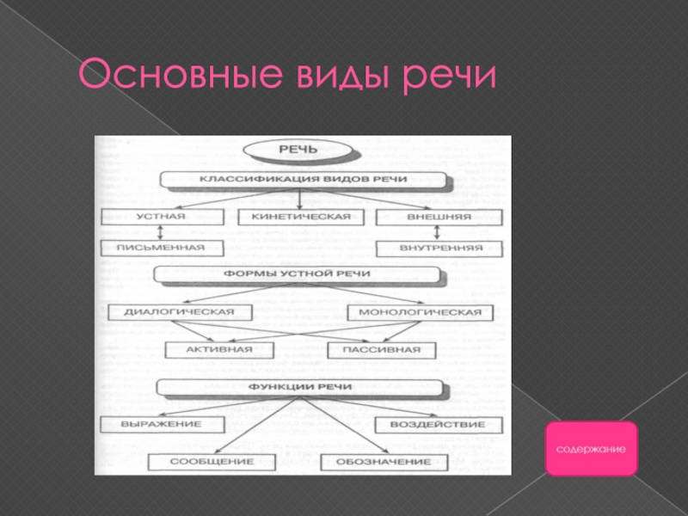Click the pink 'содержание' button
(x=592, y=449)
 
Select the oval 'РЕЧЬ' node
(x=298, y=150)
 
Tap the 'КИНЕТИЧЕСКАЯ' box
(x=300, y=216)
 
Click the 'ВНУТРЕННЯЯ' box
(x=439, y=248)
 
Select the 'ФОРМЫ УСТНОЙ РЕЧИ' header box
(x=298, y=273)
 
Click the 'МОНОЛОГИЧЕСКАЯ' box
(x=420, y=311)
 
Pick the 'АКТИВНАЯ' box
(x=219, y=349)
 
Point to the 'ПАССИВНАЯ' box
(x=381, y=349)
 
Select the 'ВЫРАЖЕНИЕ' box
(x=162, y=424)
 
